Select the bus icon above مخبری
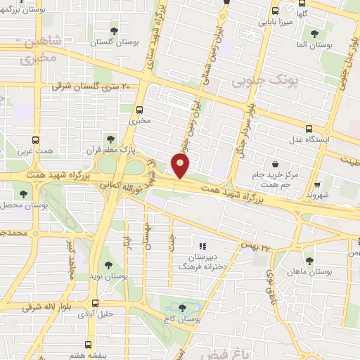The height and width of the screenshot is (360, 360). [x=140, y=109]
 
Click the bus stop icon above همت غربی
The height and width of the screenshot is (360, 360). [x=35, y=139]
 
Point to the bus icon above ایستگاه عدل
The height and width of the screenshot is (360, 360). [x=309, y=129]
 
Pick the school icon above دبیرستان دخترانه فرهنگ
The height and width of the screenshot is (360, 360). [x=202, y=246]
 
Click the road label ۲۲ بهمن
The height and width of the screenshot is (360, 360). [x=255, y=246]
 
